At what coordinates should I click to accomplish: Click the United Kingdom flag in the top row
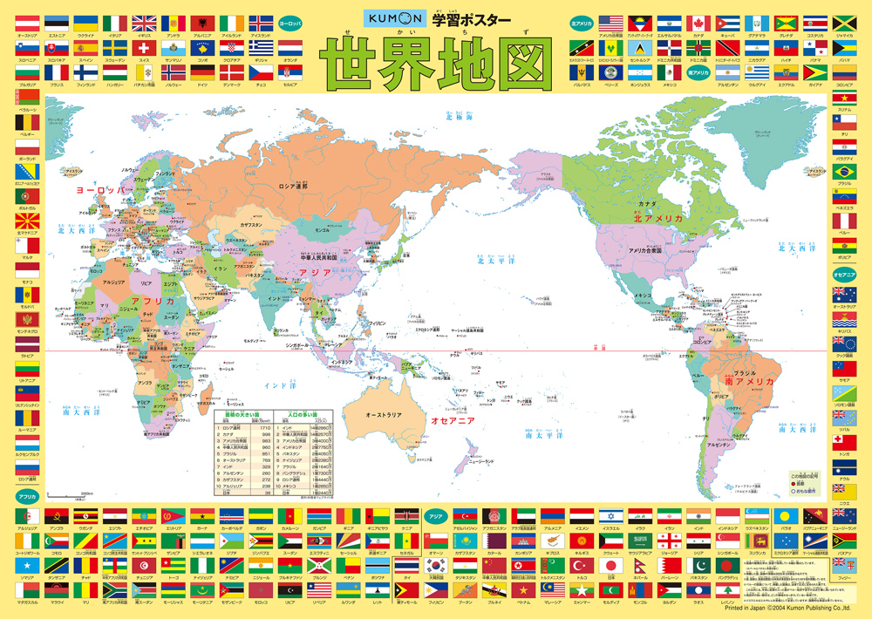point(145,22)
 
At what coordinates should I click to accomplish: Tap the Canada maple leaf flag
point(698,22)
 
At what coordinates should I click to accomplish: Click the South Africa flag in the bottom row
point(114,590)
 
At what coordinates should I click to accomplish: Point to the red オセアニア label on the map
point(453,420)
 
